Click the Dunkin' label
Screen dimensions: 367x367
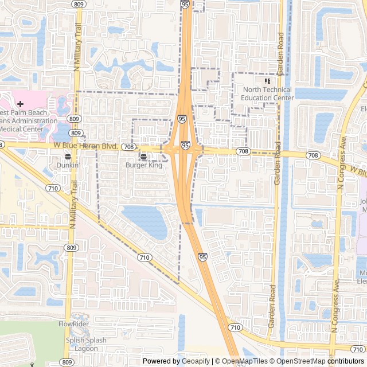pos(68,165)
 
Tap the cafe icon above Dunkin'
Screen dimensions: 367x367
pos(68,155)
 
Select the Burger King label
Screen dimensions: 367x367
pos(144,165)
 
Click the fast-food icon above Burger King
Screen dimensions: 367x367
pos(143,155)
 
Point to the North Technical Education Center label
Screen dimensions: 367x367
pos(267,93)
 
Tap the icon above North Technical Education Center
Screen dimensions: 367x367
pos(267,81)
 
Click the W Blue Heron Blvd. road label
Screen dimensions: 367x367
pos(86,147)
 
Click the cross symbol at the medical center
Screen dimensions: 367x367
pos(21,104)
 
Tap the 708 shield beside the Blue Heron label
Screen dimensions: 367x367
pos(128,147)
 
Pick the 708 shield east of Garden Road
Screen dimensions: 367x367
pos(313,155)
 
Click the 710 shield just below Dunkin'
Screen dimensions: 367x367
pos(53,188)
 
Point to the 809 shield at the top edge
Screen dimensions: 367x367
pos(79,3)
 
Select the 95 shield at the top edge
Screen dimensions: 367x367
pos(185,3)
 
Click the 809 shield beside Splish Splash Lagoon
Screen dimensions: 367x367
pos(67,362)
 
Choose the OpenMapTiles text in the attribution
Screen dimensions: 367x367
pos(244,361)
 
